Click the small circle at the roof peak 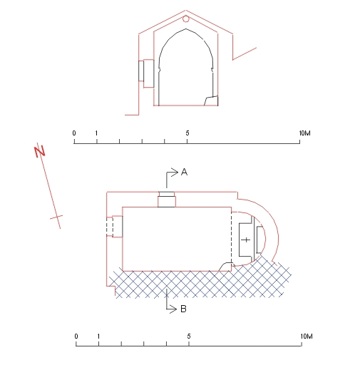(186, 19)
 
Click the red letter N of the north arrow (39, 151)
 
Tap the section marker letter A (184, 172)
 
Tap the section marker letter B (183, 309)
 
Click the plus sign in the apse (246, 240)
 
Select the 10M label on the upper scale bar (304, 133)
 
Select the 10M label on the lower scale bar (307, 336)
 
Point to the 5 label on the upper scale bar (187, 133)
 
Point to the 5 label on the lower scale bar (189, 336)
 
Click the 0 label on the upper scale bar (74, 133)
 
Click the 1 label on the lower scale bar (98, 336)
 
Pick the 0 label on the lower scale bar (76, 336)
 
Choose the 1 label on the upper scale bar (96, 133)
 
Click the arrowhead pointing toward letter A (175, 173)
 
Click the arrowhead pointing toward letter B (173, 309)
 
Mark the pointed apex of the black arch (186, 29)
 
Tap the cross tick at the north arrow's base (56, 217)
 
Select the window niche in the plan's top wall (167, 199)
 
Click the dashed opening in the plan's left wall (110, 226)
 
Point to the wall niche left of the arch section (146, 73)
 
